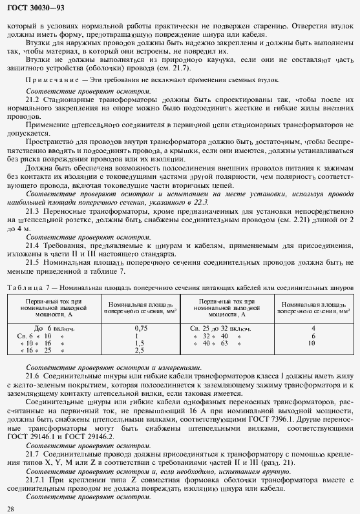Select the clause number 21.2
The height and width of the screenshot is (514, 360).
tap(32, 101)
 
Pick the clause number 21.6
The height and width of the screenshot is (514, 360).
tap(32, 375)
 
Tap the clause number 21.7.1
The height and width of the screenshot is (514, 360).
tap(35, 481)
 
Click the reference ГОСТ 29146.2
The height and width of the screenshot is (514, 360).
tap(85, 437)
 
